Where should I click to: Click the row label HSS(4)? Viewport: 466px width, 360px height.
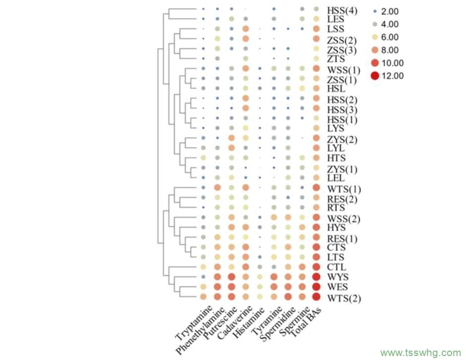[341, 10]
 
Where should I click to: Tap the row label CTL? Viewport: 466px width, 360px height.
[337, 267]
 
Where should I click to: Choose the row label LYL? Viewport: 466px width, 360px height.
[336, 148]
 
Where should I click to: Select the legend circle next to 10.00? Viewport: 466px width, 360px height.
[375, 63]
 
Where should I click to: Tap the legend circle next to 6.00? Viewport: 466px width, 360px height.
[375, 37]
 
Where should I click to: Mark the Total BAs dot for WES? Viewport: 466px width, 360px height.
[316, 287]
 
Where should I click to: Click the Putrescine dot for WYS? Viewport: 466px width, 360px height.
[231, 276]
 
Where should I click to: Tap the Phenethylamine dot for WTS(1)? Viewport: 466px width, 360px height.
[217, 188]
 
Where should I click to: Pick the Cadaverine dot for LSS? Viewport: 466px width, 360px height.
[246, 29]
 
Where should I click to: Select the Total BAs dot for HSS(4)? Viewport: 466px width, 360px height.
[316, 9]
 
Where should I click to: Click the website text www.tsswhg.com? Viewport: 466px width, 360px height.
[420, 353]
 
